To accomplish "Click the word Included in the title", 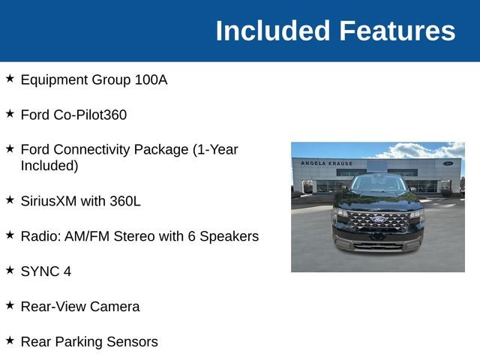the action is click(x=273, y=31).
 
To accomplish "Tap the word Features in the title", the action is click(x=397, y=31).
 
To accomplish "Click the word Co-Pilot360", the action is click(x=90, y=115).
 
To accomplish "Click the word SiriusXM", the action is click(x=49, y=202).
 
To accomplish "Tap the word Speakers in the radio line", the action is click(x=229, y=237).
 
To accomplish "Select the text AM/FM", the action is click(x=87, y=237).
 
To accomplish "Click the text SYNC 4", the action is click(x=46, y=271).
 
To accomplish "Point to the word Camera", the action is click(x=115, y=307).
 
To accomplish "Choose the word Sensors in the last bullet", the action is click(x=132, y=342).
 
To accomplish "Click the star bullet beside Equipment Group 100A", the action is click(x=10, y=78).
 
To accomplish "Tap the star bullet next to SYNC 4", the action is click(x=10, y=270).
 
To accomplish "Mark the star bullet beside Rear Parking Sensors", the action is click(x=10, y=340).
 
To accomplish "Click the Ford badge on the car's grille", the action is click(x=379, y=220).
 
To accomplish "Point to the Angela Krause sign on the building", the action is click(x=327, y=163).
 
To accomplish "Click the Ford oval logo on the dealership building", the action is click(x=448, y=163).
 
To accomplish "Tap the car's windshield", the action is click(x=379, y=183).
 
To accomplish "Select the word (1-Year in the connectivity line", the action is click(x=215, y=150).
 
